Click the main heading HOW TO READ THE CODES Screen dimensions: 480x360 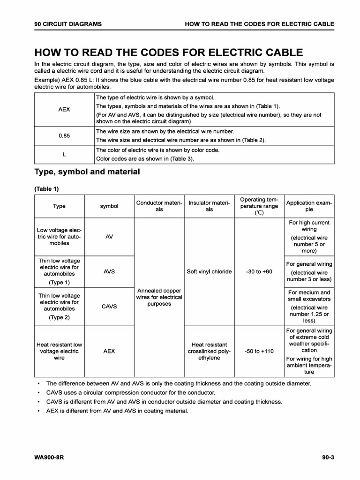coord(168,52)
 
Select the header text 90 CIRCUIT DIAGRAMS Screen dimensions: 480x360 coord(68,23)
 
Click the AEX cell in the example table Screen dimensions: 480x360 coord(64,109)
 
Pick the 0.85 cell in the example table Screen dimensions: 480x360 coord(64,135)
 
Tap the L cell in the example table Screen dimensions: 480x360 coord(64,154)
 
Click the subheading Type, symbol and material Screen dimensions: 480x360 coord(87,172)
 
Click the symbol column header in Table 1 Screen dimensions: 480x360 coord(109,206)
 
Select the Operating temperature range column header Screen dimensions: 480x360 coord(259,206)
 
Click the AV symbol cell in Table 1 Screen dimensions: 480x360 coord(109,237)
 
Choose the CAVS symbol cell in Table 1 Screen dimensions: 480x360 coord(109,307)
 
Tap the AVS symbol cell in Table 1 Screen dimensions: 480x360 coord(109,271)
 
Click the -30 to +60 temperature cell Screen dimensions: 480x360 coord(259,271)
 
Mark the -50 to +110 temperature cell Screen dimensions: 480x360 coord(259,351)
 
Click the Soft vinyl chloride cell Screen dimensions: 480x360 coord(209,271)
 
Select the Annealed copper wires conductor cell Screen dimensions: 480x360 coord(159,297)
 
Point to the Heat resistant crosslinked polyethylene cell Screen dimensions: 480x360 coord(209,351)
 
